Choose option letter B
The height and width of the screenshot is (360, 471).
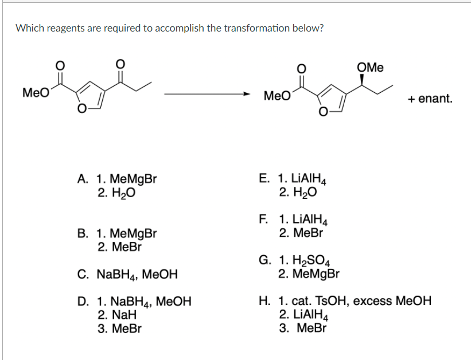[x=82, y=234]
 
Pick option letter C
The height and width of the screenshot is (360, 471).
[x=82, y=275]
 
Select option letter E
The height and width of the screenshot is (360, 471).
[x=264, y=179]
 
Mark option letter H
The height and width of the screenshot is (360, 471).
[x=264, y=301]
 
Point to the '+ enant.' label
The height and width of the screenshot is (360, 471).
[x=430, y=99]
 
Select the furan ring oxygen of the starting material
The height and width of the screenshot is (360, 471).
[x=84, y=110]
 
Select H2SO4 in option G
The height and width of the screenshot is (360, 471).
[x=302, y=261]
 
